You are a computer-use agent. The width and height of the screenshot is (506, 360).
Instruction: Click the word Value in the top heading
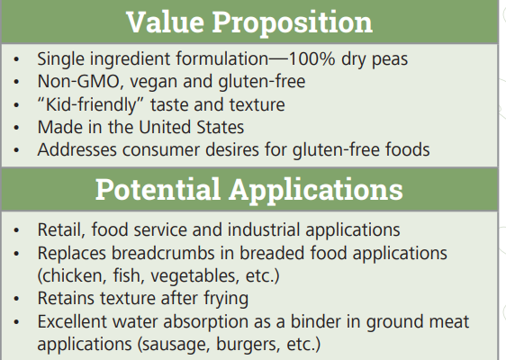pos(166,22)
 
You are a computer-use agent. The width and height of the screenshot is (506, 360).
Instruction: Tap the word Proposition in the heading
pos(293,23)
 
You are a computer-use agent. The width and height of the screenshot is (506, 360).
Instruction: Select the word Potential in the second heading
pos(158,189)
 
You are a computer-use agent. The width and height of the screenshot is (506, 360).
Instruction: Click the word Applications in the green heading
pos(316,190)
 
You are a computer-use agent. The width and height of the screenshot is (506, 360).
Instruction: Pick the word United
pos(165,127)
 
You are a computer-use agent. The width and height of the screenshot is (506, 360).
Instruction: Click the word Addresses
pos(77,149)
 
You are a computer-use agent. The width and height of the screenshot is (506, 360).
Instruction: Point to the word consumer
pos(161,150)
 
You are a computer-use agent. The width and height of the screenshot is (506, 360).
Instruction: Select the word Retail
pos(61,230)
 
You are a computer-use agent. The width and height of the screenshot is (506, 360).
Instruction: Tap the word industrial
pos(264,229)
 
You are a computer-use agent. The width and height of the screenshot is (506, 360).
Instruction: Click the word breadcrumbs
pos(163,253)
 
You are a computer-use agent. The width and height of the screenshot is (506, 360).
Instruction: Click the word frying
pos(226,299)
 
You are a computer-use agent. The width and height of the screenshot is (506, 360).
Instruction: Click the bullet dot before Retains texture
pos(16,299)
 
